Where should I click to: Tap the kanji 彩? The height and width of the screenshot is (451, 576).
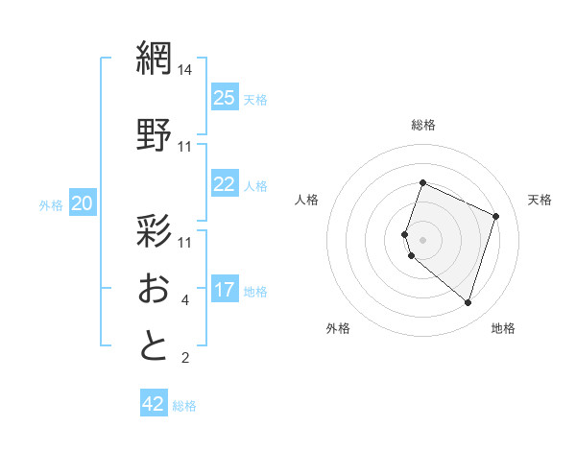click(x=154, y=231)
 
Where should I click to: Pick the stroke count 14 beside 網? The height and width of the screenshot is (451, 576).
click(x=185, y=70)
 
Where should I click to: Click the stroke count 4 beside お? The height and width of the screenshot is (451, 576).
click(x=185, y=300)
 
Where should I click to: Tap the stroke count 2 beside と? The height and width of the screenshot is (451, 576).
click(x=185, y=359)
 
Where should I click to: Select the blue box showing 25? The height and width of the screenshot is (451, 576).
click(x=225, y=97)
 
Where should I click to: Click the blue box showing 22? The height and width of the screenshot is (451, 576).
click(x=225, y=184)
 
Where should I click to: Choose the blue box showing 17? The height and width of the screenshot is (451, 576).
click(x=225, y=289)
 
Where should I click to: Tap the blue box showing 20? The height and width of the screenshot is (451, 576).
click(x=83, y=202)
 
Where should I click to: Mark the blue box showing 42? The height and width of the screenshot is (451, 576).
click(x=154, y=404)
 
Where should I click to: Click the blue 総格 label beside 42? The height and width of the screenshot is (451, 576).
click(x=184, y=406)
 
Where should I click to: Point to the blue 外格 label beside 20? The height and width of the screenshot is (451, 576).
click(x=51, y=204)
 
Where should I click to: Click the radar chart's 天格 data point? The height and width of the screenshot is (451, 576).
click(x=496, y=216)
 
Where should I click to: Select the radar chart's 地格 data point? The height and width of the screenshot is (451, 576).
click(x=468, y=302)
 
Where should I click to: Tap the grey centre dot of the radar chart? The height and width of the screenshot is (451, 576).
click(x=422, y=239)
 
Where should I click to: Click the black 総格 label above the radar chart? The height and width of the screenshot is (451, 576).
click(x=422, y=125)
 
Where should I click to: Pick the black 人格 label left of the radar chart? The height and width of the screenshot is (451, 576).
click(x=306, y=200)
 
